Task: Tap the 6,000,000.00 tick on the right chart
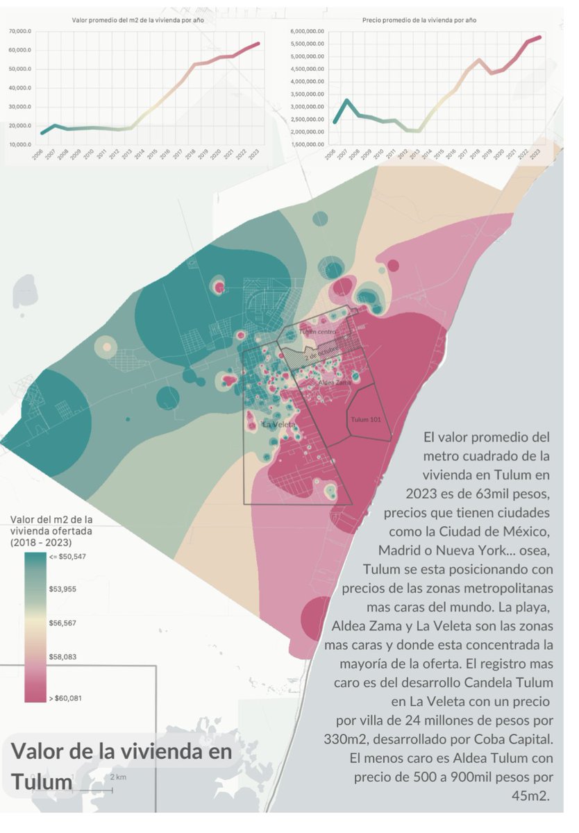308,32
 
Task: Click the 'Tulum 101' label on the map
367,420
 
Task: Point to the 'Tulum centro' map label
317,332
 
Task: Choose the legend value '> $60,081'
65,698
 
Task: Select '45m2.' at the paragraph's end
530,796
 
